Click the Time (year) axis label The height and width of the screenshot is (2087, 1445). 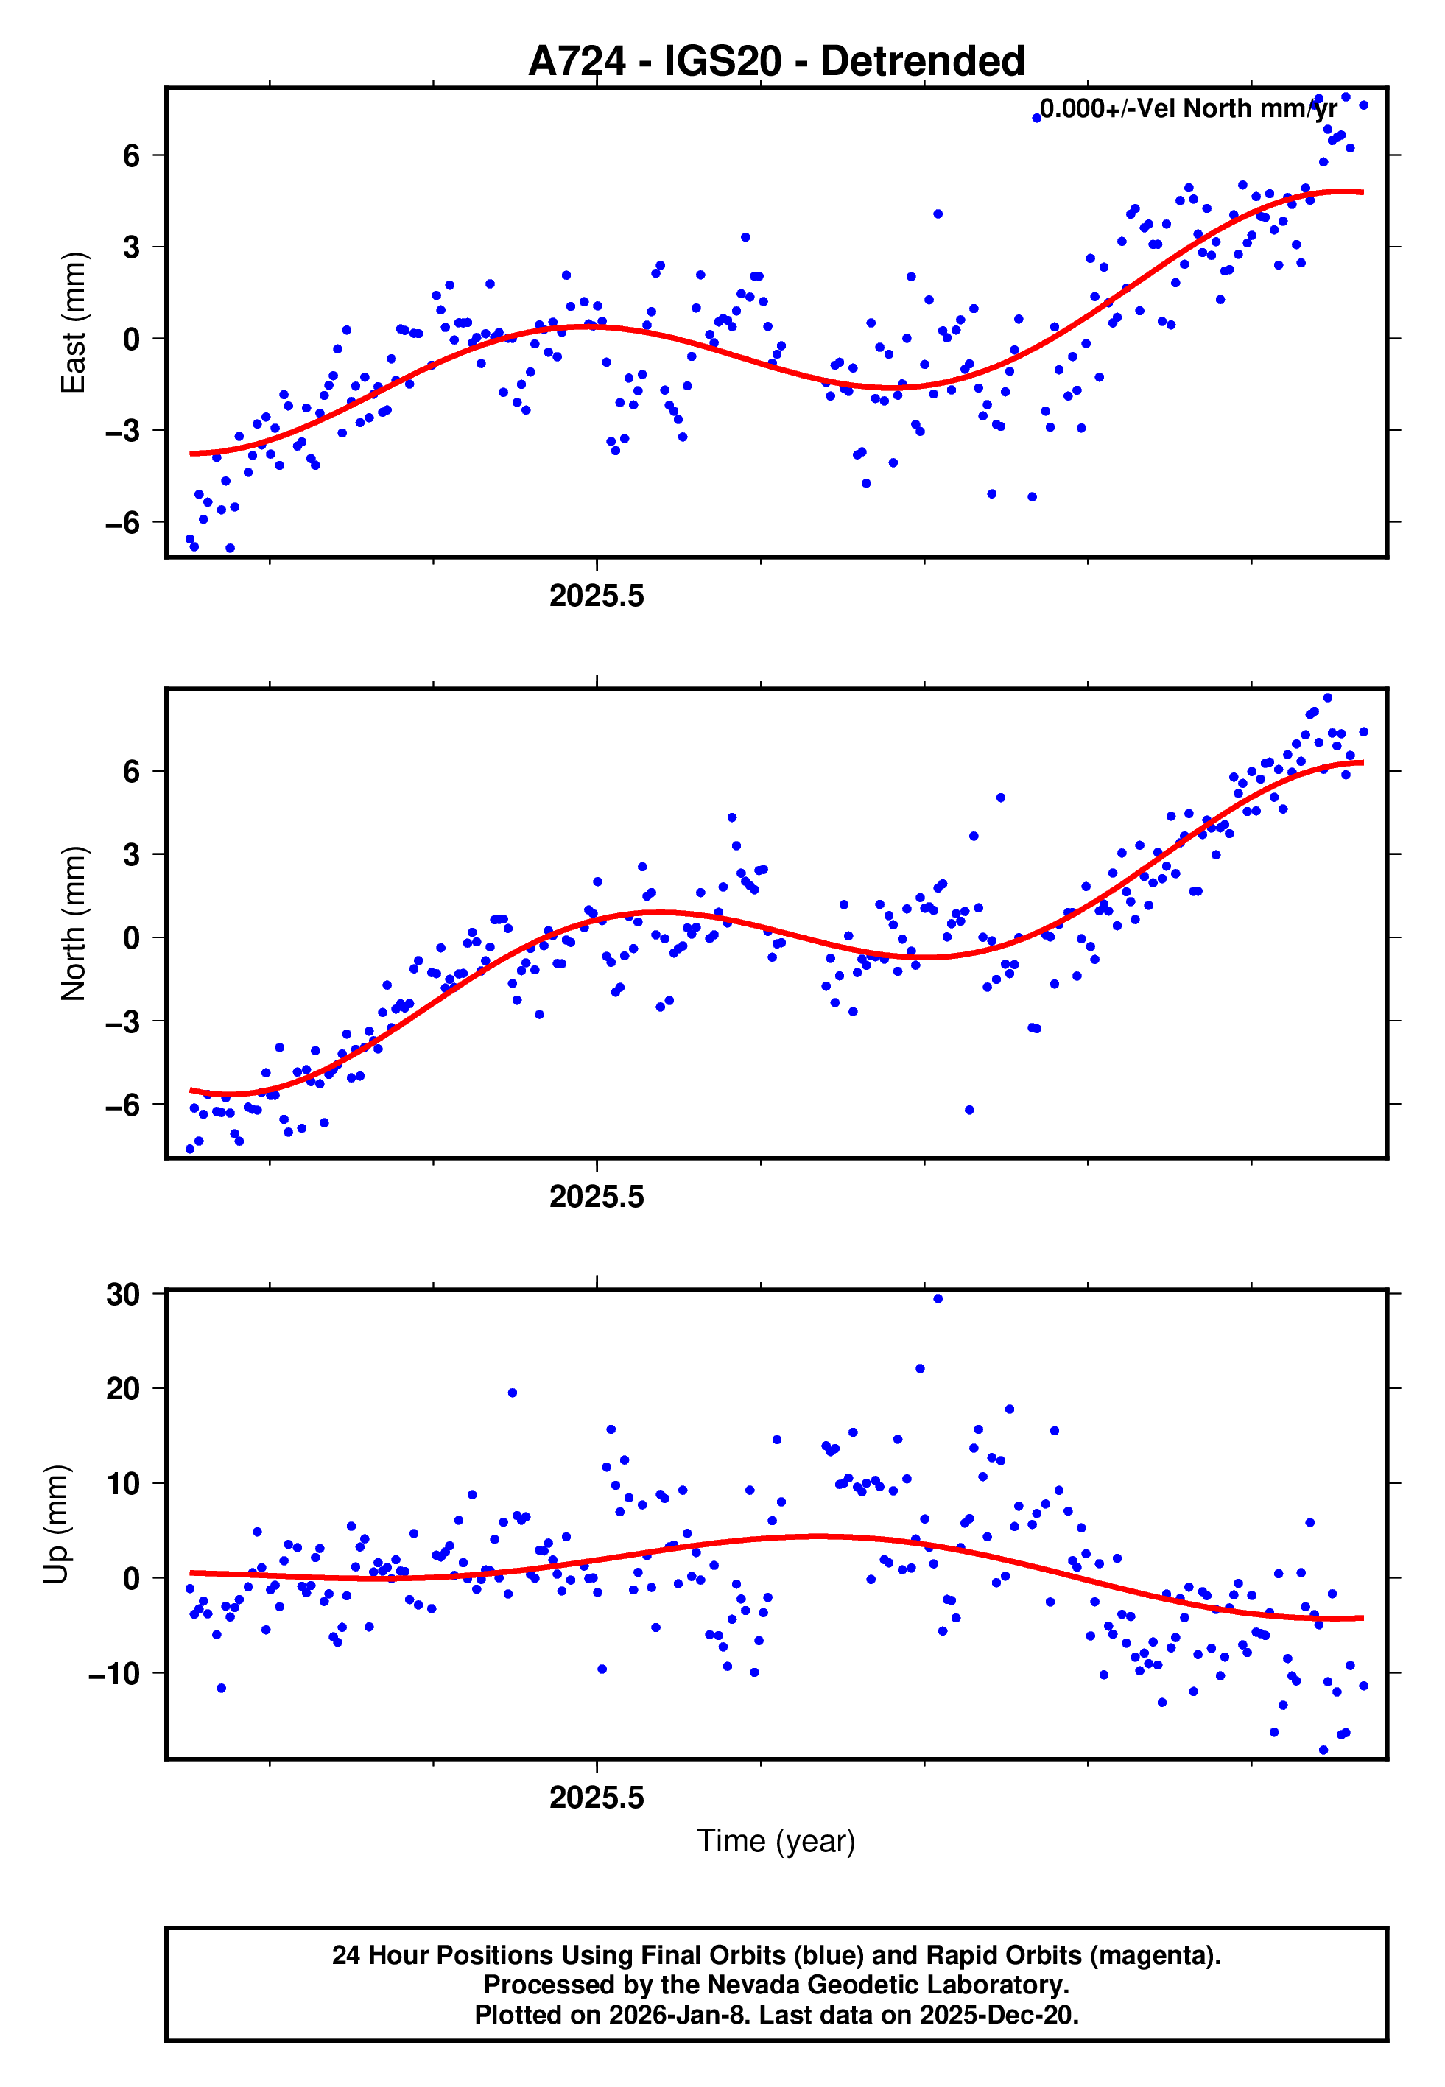point(776,1841)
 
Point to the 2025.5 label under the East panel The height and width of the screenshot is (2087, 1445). point(597,596)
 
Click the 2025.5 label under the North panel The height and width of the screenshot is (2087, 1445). point(597,1197)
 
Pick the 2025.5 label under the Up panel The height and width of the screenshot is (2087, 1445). point(597,1798)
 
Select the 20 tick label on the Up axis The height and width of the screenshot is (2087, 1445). point(123,1388)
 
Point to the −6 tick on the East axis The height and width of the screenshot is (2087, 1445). point(122,522)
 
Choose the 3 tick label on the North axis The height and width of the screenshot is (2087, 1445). point(132,854)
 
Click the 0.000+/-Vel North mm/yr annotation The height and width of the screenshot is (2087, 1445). point(1188,108)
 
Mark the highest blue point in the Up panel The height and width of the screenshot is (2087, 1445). point(938,1299)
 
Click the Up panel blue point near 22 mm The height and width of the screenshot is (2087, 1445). point(920,1368)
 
